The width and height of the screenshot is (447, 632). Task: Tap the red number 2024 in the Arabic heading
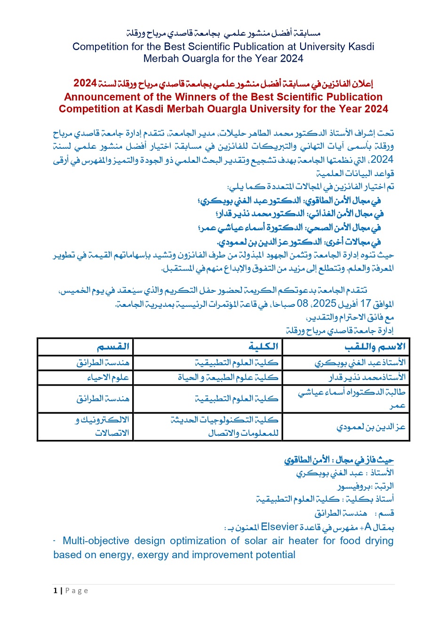click(85, 83)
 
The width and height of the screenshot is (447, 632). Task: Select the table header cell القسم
click(113, 347)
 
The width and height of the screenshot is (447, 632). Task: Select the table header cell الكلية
click(263, 347)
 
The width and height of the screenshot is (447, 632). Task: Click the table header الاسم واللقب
click(375, 347)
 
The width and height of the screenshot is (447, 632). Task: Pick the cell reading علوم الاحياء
click(108, 377)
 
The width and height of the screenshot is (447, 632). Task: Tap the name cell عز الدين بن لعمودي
click(371, 427)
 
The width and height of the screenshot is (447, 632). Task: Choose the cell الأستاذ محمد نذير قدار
click(367, 377)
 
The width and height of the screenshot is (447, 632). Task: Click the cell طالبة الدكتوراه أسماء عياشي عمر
click(351, 398)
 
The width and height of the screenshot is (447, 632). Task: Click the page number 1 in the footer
click(56, 591)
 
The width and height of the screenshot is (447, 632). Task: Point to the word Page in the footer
click(77, 591)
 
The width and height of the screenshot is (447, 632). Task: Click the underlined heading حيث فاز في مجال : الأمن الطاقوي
click(339, 460)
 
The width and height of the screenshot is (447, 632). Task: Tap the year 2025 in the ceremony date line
click(324, 304)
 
